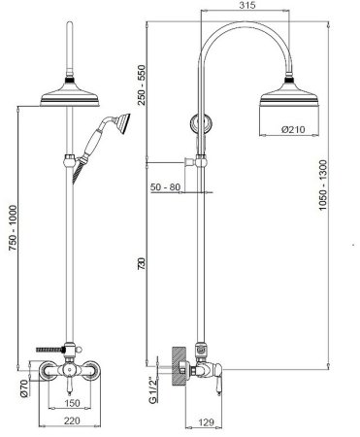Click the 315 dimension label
[x=247, y=5]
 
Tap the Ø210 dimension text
[x=293, y=129]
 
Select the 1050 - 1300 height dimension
[x=323, y=185]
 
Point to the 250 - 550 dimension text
[x=142, y=84]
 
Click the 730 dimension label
[x=142, y=263]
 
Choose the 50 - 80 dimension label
[x=165, y=187]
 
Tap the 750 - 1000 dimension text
[x=13, y=227]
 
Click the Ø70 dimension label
[x=24, y=388]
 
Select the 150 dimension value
[x=72, y=403]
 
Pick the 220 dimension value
[x=72, y=420]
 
